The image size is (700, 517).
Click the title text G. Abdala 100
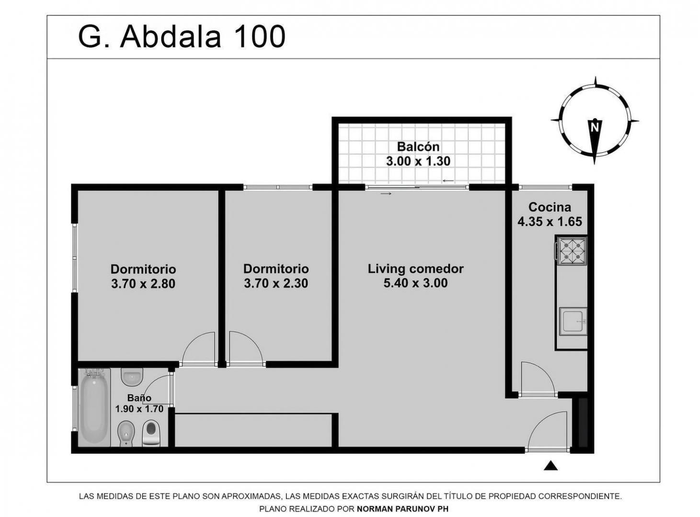[182, 37]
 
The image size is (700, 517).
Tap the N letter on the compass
[595, 127]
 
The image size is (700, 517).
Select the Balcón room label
[418, 146]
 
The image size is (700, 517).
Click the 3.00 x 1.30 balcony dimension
[418, 161]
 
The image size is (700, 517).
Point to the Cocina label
[550, 207]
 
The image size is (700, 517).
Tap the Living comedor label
[416, 269]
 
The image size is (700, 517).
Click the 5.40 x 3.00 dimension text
[416, 283]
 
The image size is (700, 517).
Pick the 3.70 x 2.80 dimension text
[143, 283]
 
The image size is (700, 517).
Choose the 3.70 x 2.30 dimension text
[276, 283]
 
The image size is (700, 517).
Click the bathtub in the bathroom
[94, 407]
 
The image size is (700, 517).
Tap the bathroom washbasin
[132, 377]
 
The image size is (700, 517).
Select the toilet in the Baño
[151, 433]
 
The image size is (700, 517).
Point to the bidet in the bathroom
[126, 434]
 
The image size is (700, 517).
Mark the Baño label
[139, 398]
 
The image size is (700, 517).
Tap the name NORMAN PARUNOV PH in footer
[402, 509]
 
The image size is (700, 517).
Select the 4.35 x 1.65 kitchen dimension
[550, 222]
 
